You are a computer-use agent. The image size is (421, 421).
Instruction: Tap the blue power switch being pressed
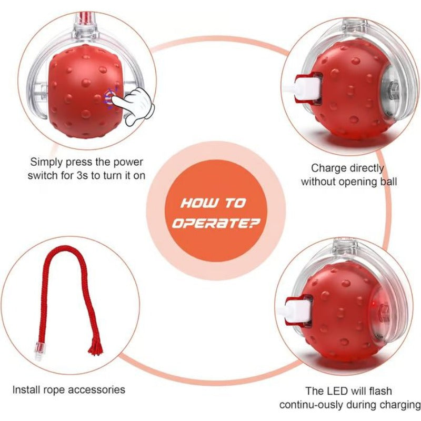click(x=110, y=96)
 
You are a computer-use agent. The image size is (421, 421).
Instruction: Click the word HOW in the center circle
click(x=196, y=203)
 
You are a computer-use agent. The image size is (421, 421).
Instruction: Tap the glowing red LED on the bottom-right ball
click(x=374, y=308)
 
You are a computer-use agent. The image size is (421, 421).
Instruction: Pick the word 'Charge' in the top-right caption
click(x=326, y=168)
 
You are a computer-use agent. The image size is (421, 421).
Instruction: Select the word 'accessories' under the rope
click(x=100, y=390)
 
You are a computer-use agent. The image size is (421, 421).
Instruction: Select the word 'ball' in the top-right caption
click(x=390, y=182)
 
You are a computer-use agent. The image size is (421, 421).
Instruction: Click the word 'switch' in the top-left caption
click(x=41, y=175)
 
